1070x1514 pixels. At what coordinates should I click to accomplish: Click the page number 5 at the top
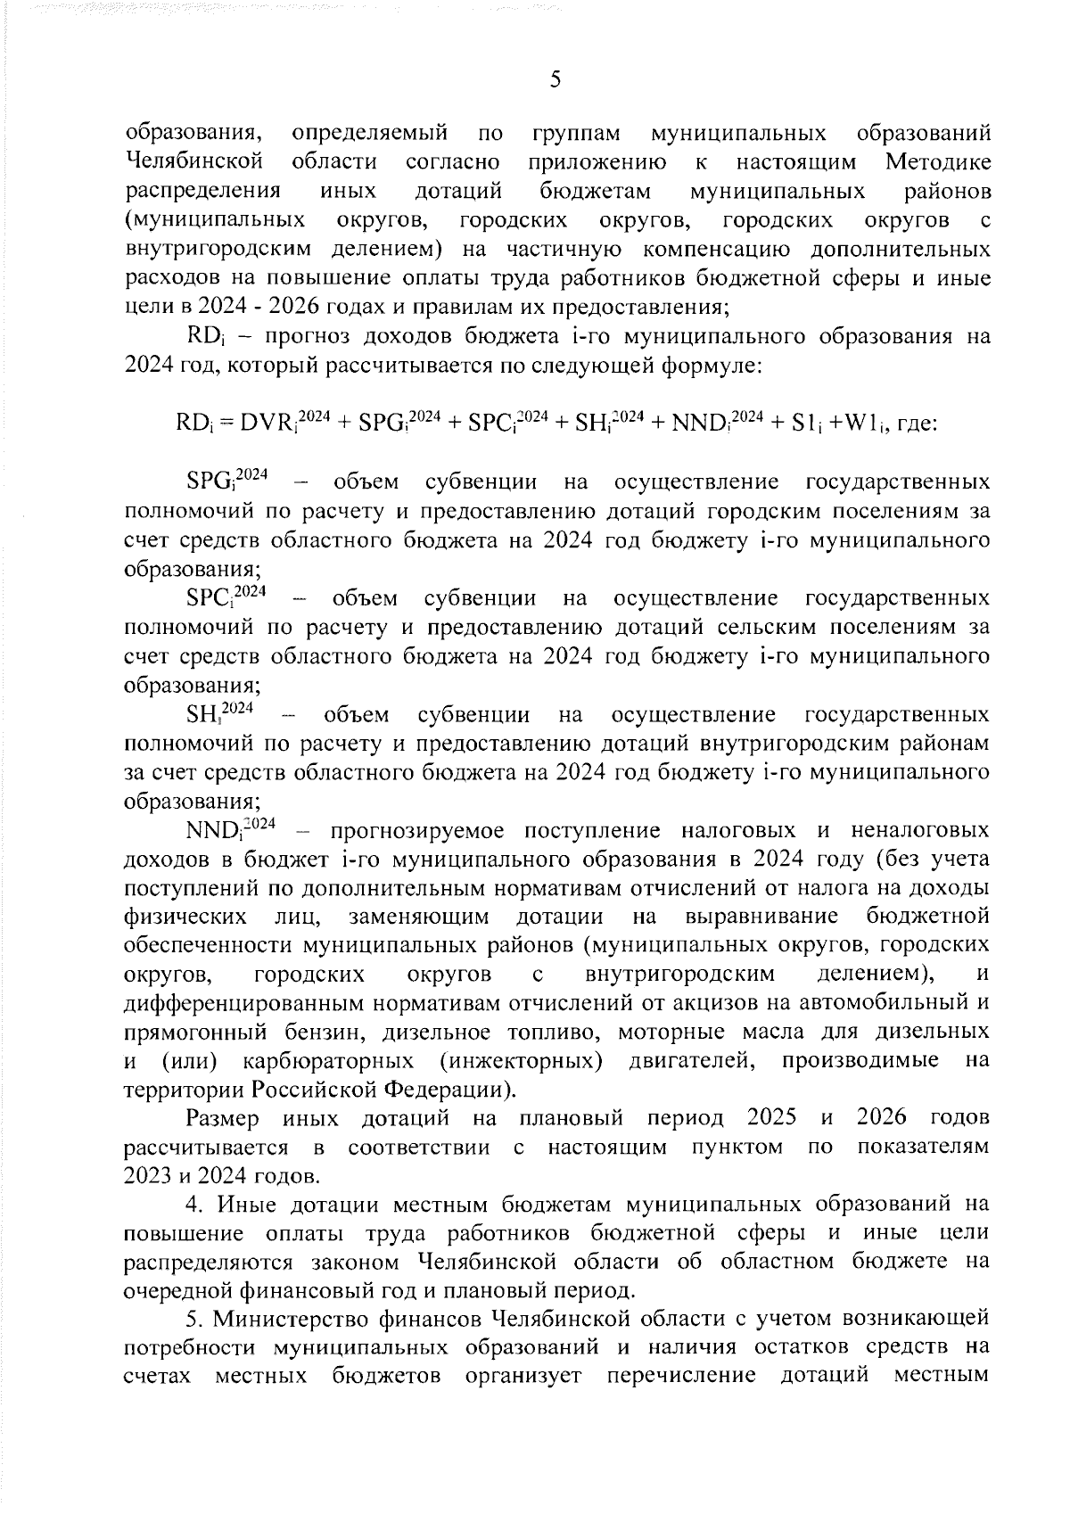tap(556, 79)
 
